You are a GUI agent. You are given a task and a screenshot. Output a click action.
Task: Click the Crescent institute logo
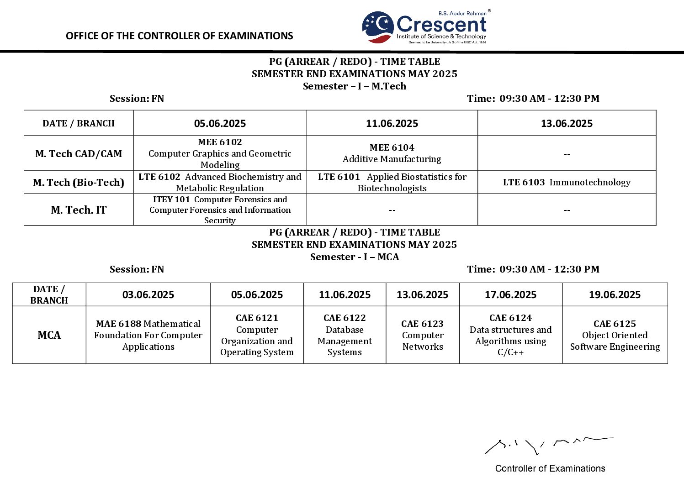[x=425, y=27]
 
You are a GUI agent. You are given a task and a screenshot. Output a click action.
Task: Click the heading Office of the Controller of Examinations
[x=179, y=36]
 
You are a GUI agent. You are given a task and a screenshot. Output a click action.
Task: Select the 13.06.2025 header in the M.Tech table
[x=567, y=123]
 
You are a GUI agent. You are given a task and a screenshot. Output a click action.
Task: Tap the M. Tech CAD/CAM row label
[x=79, y=154]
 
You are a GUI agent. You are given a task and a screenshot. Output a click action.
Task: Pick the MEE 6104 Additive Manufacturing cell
[x=392, y=153]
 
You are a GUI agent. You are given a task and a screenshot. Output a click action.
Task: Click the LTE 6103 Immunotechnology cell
[x=567, y=182]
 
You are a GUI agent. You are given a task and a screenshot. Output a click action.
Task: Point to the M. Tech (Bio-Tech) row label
[x=79, y=182]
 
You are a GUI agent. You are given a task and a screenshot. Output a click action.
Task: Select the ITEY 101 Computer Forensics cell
[x=220, y=210]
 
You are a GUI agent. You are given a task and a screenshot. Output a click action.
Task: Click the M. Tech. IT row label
[x=79, y=210]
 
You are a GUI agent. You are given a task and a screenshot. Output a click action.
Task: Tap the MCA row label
[x=49, y=335]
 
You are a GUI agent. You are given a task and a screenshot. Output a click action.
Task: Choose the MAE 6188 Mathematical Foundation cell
[x=148, y=335]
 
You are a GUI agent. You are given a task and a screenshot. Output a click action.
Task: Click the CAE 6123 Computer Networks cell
[x=423, y=335]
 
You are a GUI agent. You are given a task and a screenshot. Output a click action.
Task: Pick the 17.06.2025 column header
[x=510, y=295]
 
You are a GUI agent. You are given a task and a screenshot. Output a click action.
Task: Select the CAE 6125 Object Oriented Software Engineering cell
[x=615, y=335]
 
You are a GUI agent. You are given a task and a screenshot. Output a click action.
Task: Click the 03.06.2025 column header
[x=148, y=295]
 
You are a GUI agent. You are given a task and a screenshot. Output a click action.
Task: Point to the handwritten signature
[x=548, y=445]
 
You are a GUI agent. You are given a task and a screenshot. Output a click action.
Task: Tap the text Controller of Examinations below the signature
[x=550, y=468]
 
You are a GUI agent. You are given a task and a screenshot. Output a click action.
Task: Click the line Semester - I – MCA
[x=355, y=257]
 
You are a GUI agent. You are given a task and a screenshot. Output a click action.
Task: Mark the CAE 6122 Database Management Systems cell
[x=345, y=335]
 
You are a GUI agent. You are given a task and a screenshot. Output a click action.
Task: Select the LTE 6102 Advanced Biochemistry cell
[x=220, y=182]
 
